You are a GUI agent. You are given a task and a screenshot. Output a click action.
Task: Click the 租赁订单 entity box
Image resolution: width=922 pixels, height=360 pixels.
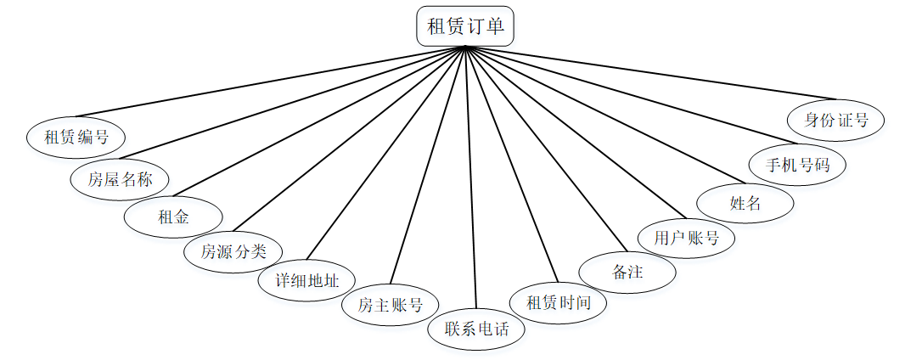(x=465, y=26)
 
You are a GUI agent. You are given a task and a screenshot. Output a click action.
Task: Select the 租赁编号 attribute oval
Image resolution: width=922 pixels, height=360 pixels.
(x=76, y=138)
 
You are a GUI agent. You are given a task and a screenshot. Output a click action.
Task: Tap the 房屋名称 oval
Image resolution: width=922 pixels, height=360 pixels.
(x=120, y=178)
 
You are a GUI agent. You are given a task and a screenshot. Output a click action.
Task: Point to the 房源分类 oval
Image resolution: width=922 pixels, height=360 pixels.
(x=233, y=251)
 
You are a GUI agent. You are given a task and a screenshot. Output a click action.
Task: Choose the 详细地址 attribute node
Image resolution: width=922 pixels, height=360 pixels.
(x=306, y=280)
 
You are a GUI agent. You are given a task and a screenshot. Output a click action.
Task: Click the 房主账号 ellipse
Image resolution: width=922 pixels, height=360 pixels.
(x=390, y=304)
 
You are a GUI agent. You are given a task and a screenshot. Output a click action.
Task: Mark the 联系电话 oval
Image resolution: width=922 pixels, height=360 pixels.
(x=476, y=328)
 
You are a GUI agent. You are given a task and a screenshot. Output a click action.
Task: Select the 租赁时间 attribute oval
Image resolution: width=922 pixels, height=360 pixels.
(x=558, y=302)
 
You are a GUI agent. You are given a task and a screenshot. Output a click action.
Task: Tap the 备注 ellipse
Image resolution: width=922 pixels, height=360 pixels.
(x=627, y=272)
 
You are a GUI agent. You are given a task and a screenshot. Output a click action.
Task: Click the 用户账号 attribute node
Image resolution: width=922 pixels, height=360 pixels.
(x=686, y=239)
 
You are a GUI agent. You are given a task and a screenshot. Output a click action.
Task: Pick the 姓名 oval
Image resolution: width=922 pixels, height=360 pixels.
(x=745, y=203)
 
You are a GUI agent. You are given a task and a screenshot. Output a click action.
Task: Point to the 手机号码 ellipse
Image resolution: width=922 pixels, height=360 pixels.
(x=797, y=165)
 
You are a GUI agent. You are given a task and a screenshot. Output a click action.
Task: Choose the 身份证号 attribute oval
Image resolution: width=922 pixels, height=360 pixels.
(x=835, y=120)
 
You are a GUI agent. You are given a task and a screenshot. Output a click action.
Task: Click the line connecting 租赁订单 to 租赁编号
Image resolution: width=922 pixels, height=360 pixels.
(x=270, y=81)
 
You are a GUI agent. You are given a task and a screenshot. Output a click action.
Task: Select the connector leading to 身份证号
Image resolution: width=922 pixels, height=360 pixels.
(x=650, y=74)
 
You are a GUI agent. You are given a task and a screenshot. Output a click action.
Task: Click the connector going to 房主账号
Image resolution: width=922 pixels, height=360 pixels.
(x=427, y=165)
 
